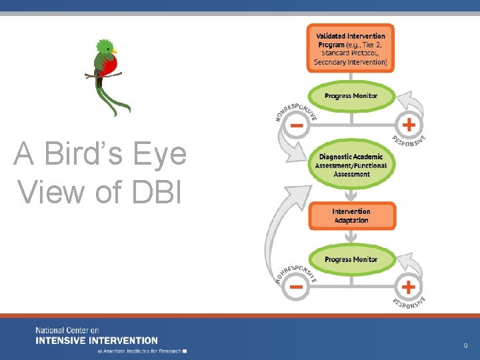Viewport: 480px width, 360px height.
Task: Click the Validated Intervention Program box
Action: pyautogui.click(x=351, y=49)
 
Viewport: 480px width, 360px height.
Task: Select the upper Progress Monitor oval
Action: pyautogui.click(x=351, y=96)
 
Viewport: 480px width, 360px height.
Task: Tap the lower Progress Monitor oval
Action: pyautogui.click(x=351, y=259)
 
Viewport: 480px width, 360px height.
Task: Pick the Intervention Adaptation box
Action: pyautogui.click(x=351, y=216)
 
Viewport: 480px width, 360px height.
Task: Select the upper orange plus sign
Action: pyautogui.click(x=408, y=125)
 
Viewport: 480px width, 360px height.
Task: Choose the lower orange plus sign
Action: pyautogui.click(x=408, y=287)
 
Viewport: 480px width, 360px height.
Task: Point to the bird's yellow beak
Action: pyautogui.click(x=115, y=51)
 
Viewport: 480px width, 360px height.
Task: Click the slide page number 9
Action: pyautogui.click(x=465, y=346)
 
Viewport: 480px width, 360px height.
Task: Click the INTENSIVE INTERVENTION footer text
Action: pyautogui.click(x=97, y=340)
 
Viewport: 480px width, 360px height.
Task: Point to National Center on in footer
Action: pyautogui.click(x=67, y=331)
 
